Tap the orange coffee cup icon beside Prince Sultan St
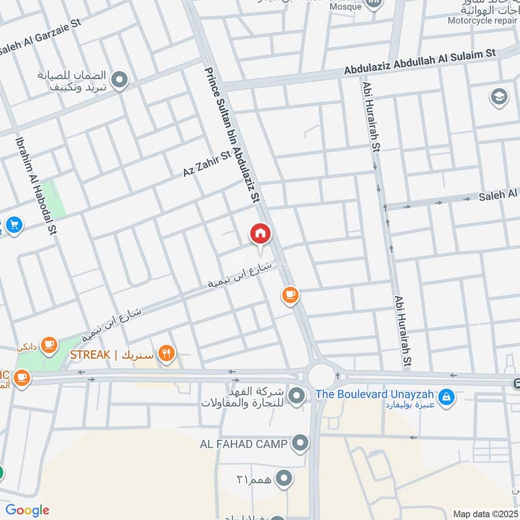pyautogui.click(x=290, y=296)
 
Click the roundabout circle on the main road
pyautogui.click(x=320, y=376)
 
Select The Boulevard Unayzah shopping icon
pyautogui.click(x=445, y=395)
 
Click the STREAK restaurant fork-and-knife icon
pyautogui.click(x=166, y=354)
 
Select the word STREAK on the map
pyautogui.click(x=90, y=355)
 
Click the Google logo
pyautogui.click(x=27, y=510)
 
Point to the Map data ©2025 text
pyautogui.click(x=484, y=513)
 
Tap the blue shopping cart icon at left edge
pyautogui.click(x=14, y=226)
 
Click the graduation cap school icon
pyautogui.click(x=499, y=97)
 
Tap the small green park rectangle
pyautogui.click(x=57, y=199)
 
